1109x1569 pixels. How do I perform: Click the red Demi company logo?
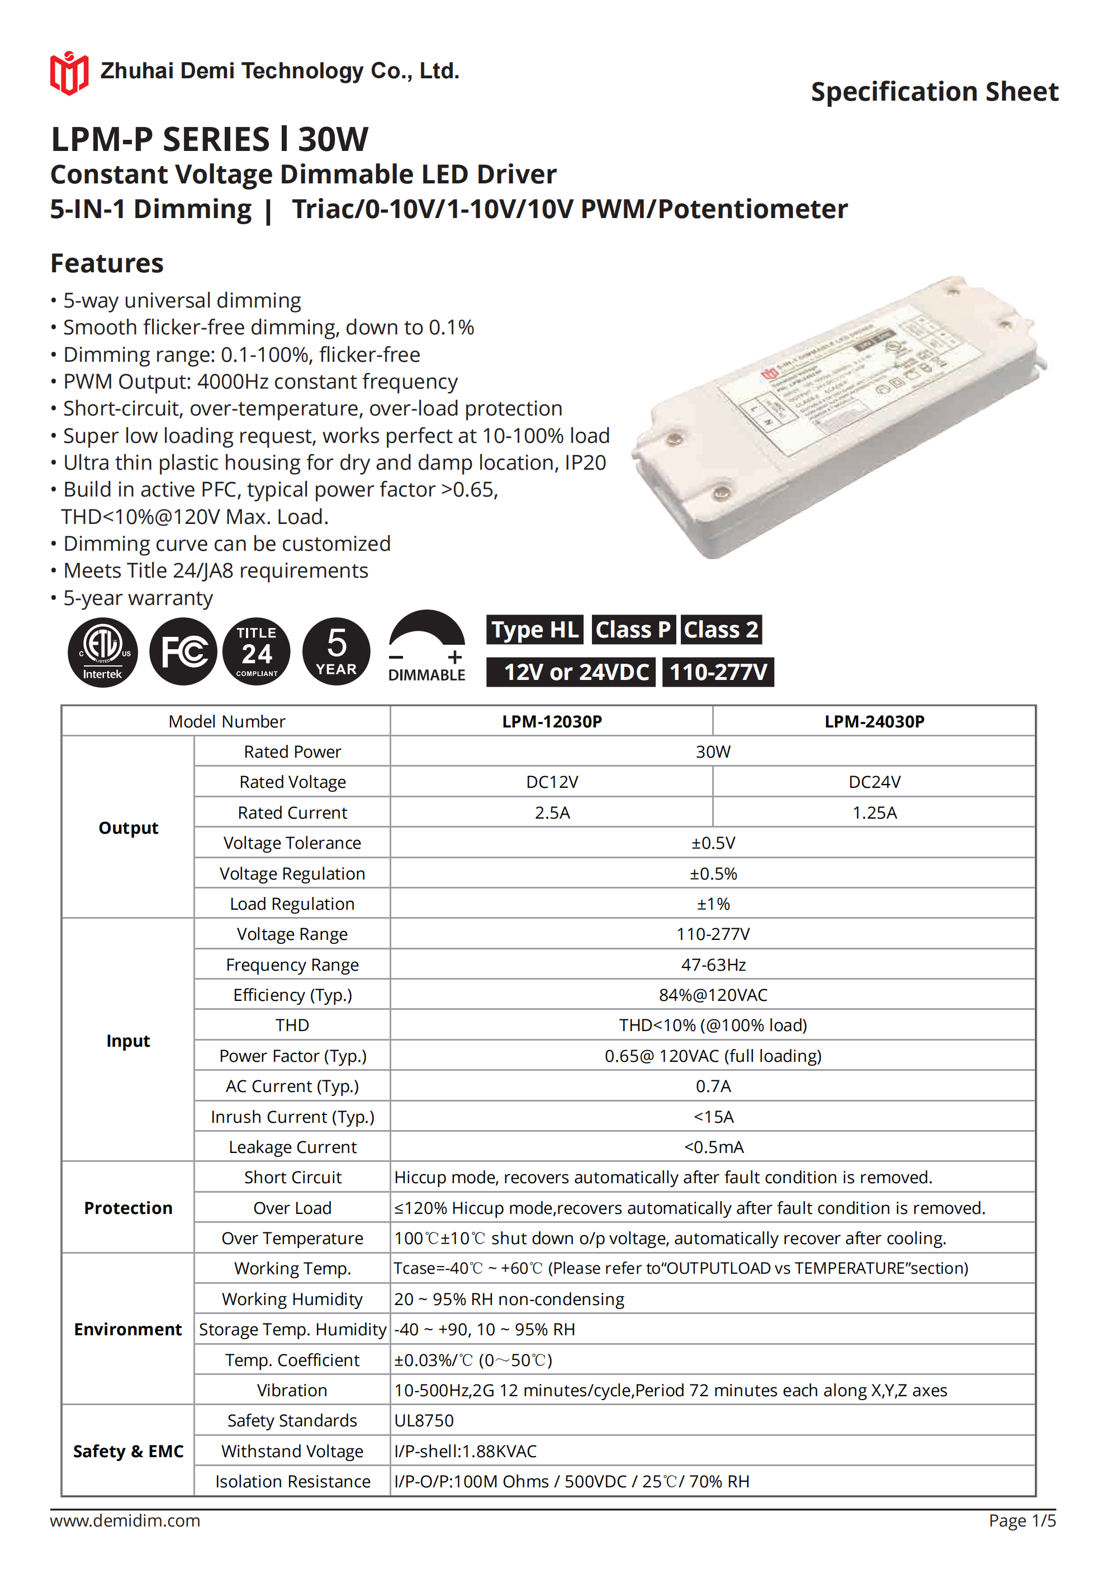(x=69, y=73)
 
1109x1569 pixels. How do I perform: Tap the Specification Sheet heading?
(x=934, y=92)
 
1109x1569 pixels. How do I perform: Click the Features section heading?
(x=107, y=263)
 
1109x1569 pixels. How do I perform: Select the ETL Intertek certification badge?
(x=102, y=652)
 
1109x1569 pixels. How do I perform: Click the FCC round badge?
(x=183, y=651)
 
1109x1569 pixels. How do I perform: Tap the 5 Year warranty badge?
(x=336, y=652)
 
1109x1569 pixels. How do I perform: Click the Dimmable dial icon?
(x=427, y=646)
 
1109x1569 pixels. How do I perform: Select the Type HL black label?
(x=535, y=630)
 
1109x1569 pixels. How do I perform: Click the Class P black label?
(x=633, y=630)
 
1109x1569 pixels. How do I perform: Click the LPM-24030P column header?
(x=874, y=722)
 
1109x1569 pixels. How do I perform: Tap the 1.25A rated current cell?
(x=874, y=812)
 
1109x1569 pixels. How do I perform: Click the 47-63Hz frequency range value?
(x=713, y=965)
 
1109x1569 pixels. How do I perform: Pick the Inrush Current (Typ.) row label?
(x=292, y=1117)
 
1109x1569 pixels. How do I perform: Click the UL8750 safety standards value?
(x=424, y=1421)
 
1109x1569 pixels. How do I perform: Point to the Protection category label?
(x=128, y=1208)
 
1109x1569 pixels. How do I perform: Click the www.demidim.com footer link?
(x=125, y=1520)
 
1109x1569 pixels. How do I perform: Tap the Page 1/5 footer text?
(x=1022, y=1520)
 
